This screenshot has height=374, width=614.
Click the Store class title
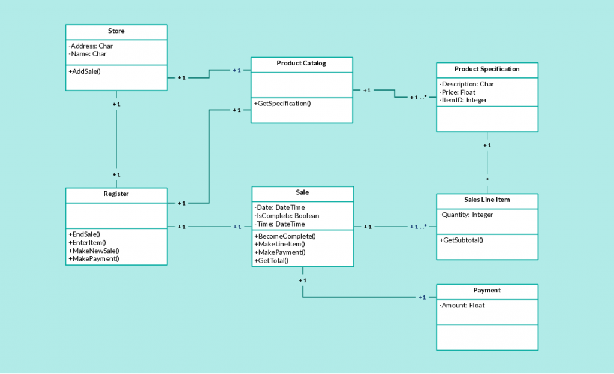click(x=116, y=31)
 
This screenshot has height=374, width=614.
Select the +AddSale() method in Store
click(x=85, y=71)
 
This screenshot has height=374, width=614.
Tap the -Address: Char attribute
click(x=91, y=46)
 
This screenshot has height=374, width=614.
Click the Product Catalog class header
click(x=301, y=63)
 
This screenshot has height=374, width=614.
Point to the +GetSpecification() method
click(x=282, y=104)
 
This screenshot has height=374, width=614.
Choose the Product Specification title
click(x=487, y=69)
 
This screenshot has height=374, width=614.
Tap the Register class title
click(x=116, y=194)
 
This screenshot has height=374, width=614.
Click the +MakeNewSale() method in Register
click(x=94, y=251)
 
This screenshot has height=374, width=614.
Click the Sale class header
click(x=302, y=192)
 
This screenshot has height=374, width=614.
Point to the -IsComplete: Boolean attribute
click(x=287, y=216)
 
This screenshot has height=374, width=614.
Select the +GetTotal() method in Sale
click(x=272, y=260)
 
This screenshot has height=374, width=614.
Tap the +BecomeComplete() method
click(x=285, y=236)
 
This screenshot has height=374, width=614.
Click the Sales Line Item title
click(x=487, y=200)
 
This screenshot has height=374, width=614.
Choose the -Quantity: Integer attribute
click(x=466, y=215)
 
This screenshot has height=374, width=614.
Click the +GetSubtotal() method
click(x=461, y=240)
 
